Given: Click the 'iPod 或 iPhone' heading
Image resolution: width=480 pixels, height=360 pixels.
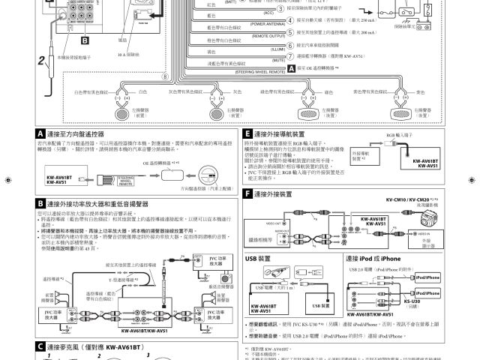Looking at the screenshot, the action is coord(380,258).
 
